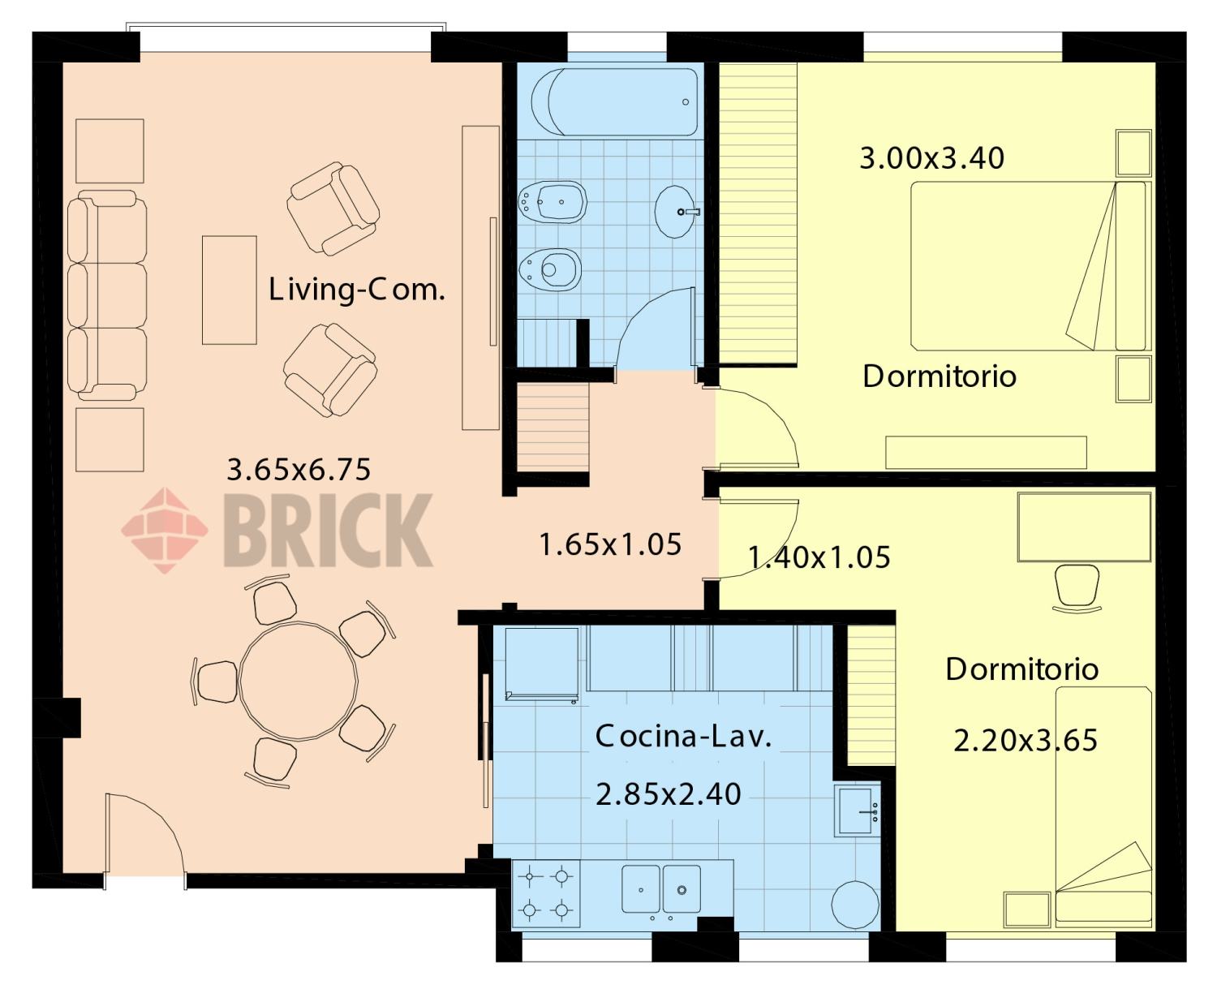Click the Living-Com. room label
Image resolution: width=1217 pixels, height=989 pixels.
tap(356, 290)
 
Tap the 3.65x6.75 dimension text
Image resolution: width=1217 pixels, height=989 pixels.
tap(299, 469)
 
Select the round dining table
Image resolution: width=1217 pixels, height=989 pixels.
tap(299, 681)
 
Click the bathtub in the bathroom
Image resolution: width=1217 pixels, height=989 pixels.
tap(614, 102)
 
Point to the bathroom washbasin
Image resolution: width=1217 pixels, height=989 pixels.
tap(676, 212)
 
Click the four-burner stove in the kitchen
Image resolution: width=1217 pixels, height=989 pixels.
tap(546, 893)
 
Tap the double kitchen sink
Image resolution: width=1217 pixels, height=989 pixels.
tap(661, 888)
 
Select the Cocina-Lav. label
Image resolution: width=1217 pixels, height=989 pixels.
tap(683, 737)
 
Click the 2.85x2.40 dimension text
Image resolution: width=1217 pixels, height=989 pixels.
tap(669, 794)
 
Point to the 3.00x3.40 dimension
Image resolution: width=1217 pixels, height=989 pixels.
tap(932, 158)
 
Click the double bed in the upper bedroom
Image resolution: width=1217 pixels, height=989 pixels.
tap(1028, 265)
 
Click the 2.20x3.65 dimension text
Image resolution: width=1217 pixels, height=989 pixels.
tap(1026, 741)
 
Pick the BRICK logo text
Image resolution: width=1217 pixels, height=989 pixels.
tap(328, 531)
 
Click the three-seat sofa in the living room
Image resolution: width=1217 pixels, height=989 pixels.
tap(107, 295)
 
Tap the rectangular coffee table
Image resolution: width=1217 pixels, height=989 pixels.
tap(229, 290)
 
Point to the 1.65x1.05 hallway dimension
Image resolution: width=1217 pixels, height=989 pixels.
tap(610, 544)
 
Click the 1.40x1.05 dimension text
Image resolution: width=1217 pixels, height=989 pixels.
tap(819, 557)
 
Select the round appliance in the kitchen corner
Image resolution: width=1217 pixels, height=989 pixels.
tap(855, 905)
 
